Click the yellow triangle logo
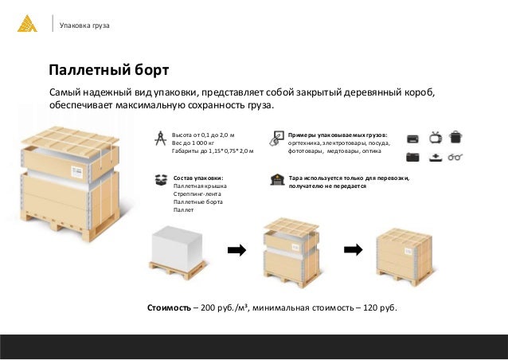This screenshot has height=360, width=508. point(27,24)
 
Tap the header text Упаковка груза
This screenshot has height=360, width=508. point(84,25)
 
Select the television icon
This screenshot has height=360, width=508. point(436,138)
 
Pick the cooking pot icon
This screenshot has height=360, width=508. point(455,137)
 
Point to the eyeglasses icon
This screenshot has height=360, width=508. point(455,157)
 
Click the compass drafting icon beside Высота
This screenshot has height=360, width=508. point(160,139)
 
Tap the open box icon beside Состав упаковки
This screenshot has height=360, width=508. point(161,180)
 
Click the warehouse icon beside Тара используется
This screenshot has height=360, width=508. point(277,179)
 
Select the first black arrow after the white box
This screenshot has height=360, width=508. point(236,250)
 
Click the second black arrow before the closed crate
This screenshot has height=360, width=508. point(354,249)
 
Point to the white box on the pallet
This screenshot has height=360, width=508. point(178,244)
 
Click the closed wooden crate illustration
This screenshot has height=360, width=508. point(404,256)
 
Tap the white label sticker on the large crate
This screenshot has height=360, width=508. point(76,172)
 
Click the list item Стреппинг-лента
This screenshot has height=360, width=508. point(197,194)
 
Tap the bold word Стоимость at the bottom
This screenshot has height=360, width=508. point(169,307)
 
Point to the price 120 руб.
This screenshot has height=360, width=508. point(380,307)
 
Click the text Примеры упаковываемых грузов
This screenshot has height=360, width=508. point(338,135)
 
